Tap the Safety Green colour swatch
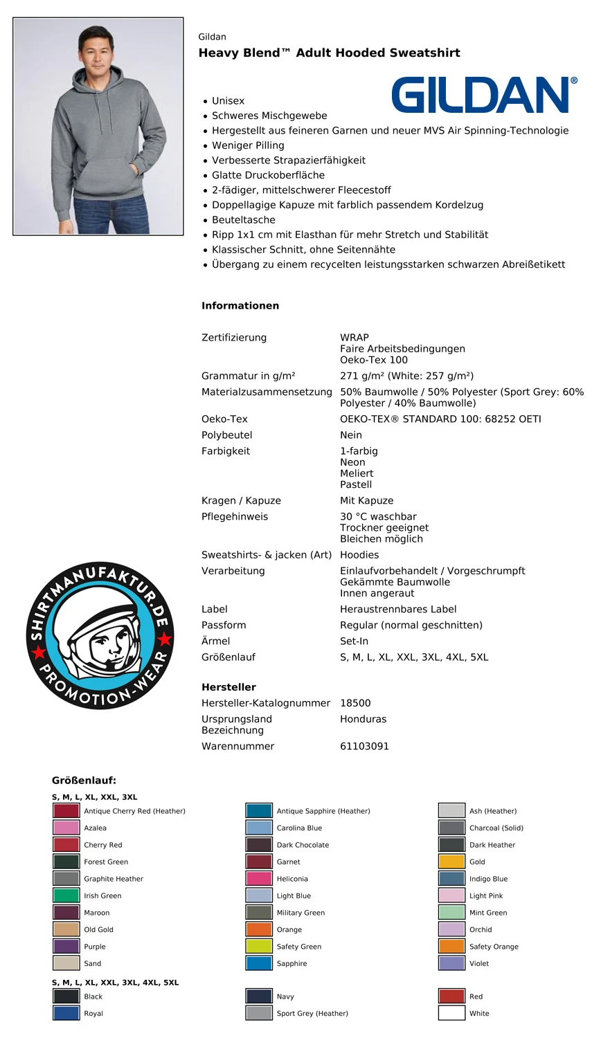pos(259,946)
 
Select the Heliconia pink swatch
pos(259,878)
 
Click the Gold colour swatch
pos(451,862)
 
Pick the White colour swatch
pos(451,1013)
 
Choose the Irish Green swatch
pos(66,895)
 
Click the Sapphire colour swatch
pos(259,963)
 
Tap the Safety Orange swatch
pos(451,946)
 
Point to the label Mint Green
pos(488,913)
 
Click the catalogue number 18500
pos(355,703)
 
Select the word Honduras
pos(363,719)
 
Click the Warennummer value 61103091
pos(364,746)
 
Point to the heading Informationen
pos(240,306)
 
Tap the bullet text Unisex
pos(228,101)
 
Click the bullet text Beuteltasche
pos(243,220)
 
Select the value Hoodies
pos(359,555)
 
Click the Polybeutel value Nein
pos(351,435)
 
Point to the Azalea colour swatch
pos(66,828)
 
